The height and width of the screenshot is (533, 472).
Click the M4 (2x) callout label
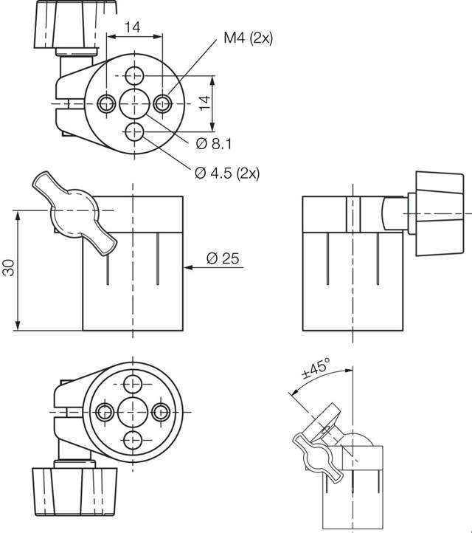pos(249,38)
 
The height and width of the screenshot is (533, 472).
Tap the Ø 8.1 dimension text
pos(214,144)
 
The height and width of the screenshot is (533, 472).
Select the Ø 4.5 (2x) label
pos(227,173)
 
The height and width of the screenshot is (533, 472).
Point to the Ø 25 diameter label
pos(223,258)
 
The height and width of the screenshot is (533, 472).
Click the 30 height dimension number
pos(9,267)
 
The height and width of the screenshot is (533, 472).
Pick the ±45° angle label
pos(316,368)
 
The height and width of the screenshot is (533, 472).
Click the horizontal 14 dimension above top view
pos(133,27)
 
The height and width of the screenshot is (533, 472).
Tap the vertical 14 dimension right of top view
pos(204,103)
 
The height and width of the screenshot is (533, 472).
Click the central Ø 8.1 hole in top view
pos(135,103)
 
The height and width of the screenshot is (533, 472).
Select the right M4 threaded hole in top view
pos(162,103)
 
